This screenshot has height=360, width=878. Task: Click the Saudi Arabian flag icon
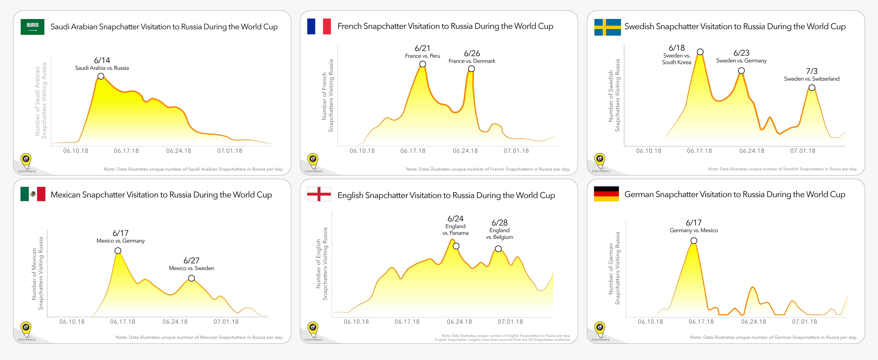(32, 27)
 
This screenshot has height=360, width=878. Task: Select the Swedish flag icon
(607, 27)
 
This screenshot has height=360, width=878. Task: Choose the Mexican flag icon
(33, 194)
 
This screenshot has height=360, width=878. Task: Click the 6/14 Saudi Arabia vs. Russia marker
(101, 76)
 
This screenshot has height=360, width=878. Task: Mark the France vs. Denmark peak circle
(471, 69)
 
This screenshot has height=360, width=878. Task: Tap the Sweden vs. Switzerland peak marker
(812, 88)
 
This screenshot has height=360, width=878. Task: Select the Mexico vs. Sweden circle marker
(192, 278)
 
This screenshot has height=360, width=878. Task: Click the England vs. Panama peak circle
(456, 246)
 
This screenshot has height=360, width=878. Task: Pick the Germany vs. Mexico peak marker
(694, 241)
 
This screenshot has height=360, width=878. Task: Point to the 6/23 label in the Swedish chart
(741, 53)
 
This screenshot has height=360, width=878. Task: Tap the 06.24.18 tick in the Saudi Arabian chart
(179, 151)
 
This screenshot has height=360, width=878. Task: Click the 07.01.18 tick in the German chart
(804, 321)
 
